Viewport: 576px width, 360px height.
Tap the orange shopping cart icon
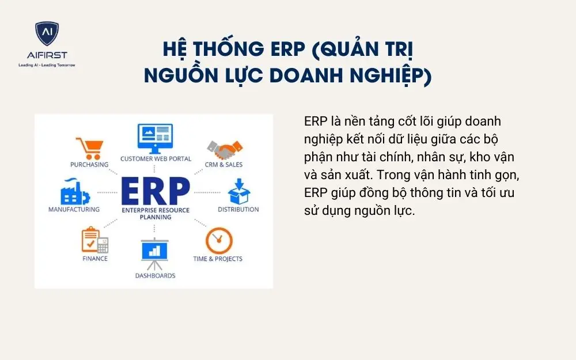coord(90,148)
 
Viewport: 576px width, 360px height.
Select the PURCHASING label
coord(89,165)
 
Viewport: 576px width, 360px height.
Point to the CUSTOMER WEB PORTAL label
coord(156,159)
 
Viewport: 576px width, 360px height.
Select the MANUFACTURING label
coord(74,210)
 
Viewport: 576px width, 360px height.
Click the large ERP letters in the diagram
coord(155,190)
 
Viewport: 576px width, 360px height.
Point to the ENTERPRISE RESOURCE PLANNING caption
coord(155,214)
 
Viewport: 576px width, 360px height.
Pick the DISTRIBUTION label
coord(238,210)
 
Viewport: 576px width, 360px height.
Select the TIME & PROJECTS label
coord(218,259)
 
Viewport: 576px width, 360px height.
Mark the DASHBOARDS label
coord(155,276)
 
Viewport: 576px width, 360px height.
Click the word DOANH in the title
coord(300,75)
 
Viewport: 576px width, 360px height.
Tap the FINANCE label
coord(94,259)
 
